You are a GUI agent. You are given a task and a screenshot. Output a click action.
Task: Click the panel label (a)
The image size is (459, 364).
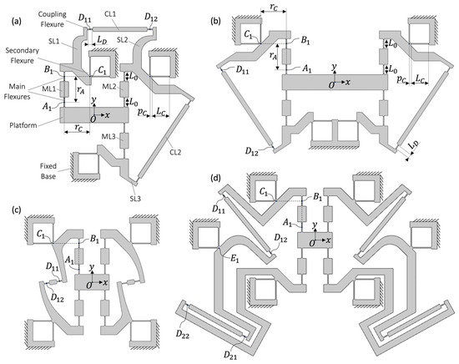[16, 21]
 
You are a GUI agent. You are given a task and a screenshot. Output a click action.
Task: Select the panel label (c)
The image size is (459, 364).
[16, 210]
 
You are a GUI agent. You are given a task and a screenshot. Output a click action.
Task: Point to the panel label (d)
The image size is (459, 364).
[216, 178]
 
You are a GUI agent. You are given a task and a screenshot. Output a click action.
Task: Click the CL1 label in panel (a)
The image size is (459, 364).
[111, 14]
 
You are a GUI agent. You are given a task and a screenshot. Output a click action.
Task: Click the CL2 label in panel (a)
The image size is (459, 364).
[175, 152]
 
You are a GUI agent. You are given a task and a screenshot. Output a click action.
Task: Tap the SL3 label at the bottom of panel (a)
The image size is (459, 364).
[135, 199]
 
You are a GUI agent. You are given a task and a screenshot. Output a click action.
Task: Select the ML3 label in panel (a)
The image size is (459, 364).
[108, 136]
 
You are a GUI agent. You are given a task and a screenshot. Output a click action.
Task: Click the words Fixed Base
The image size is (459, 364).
[48, 171]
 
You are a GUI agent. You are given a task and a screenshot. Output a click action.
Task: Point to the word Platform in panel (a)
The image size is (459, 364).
[23, 125]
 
